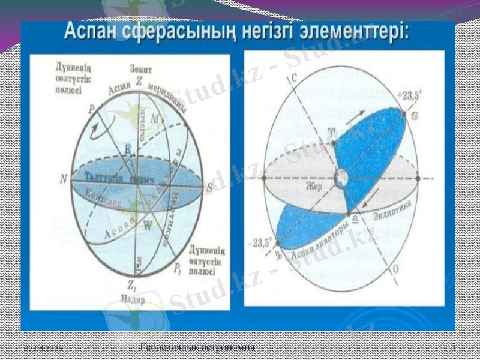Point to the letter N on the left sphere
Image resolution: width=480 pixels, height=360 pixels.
(64, 179)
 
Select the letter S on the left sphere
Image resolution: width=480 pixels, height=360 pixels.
(209, 187)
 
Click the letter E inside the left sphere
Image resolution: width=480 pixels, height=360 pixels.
(127, 148)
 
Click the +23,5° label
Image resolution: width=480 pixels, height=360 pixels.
(409, 95)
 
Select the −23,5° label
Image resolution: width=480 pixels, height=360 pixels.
(262, 244)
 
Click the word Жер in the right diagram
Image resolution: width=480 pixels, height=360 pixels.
(316, 187)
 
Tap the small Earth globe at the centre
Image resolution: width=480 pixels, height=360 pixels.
(341, 178)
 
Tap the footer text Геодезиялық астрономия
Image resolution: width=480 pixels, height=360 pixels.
(197, 347)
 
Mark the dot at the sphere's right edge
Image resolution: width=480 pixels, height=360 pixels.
(418, 178)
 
